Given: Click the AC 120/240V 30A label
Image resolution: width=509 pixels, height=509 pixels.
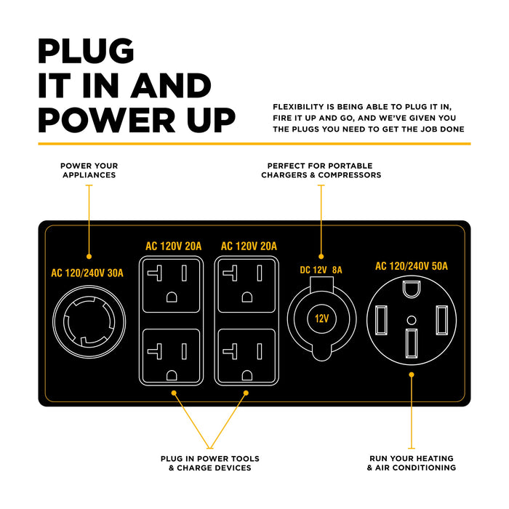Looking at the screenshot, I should [87, 274].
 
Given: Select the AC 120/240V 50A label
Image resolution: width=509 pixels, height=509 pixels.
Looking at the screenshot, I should [411, 267].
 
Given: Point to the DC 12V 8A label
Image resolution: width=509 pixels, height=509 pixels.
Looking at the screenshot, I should [321, 270].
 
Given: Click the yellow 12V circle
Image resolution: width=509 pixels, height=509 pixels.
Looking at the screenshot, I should [321, 318].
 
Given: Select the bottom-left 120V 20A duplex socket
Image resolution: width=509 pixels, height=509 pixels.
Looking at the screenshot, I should [172, 354].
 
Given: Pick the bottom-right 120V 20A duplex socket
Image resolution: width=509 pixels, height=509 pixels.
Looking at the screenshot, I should [248, 354].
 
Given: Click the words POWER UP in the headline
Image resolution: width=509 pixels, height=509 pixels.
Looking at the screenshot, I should [137, 118].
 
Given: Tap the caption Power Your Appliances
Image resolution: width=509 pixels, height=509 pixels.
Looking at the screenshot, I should [89, 170].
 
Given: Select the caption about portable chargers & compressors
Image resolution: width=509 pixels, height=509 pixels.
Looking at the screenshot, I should [321, 170].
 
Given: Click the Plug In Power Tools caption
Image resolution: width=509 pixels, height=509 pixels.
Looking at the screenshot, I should [209, 463].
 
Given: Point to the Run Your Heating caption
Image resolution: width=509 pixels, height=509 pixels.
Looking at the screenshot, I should [411, 463].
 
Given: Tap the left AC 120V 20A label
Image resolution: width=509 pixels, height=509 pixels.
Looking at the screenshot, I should [172, 247].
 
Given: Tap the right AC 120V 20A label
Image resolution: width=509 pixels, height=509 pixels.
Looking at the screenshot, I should [248, 247].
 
